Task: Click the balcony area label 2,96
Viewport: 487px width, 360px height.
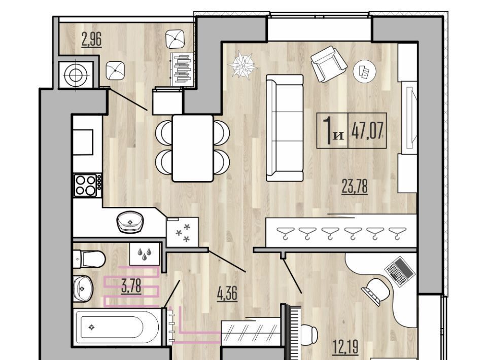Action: click(x=92, y=40)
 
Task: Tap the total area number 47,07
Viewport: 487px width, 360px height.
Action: click(x=367, y=130)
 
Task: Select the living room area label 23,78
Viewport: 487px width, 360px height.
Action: click(x=355, y=187)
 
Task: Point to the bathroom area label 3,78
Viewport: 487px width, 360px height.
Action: click(x=131, y=286)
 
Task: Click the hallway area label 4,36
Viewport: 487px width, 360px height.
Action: click(x=227, y=294)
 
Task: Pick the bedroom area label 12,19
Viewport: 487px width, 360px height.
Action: click(x=345, y=347)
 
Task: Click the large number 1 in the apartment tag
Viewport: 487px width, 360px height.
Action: click(x=328, y=130)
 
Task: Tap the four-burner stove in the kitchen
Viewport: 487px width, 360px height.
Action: click(x=88, y=185)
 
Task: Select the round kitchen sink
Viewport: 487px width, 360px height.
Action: click(x=130, y=222)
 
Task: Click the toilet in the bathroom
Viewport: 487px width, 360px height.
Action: click(x=89, y=259)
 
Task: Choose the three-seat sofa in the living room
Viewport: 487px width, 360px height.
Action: click(x=285, y=128)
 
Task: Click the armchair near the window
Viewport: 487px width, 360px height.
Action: click(x=329, y=63)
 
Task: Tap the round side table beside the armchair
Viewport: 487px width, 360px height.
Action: click(x=365, y=71)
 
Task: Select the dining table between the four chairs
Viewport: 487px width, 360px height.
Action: click(x=193, y=148)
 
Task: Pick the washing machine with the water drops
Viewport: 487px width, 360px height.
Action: click(x=145, y=254)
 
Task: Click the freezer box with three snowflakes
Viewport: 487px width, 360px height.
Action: click(x=183, y=232)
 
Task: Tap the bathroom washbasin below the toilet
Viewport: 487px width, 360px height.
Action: click(x=83, y=288)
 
